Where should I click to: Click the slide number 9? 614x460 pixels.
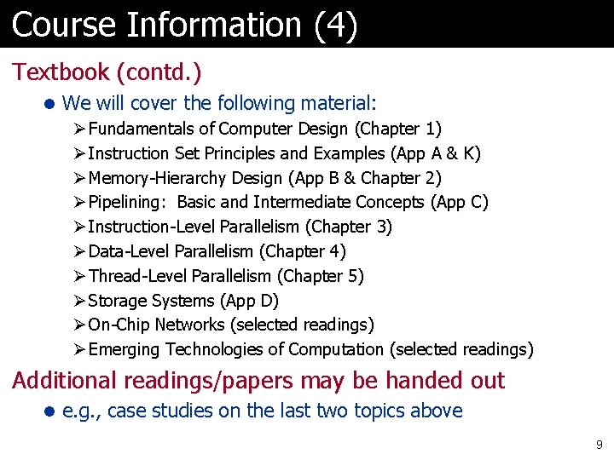(600, 444)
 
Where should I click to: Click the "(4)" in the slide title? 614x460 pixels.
(335, 24)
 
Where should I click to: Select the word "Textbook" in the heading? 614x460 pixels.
(60, 72)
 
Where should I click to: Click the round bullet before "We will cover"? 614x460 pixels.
(49, 104)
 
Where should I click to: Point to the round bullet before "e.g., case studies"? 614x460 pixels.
(49, 411)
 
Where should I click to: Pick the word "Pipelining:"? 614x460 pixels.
(129, 203)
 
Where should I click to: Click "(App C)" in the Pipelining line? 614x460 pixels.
(460, 203)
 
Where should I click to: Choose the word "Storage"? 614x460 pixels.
(117, 301)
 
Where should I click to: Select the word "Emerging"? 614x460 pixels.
(125, 349)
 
